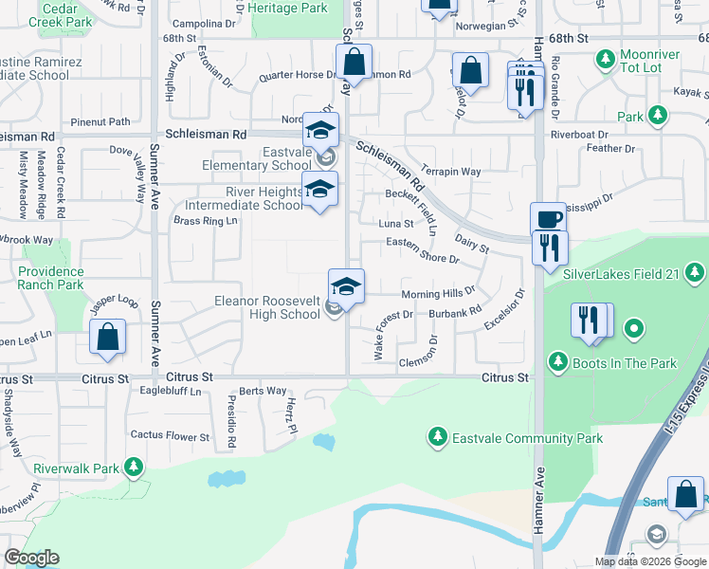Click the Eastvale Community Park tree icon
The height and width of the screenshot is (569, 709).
click(437, 437)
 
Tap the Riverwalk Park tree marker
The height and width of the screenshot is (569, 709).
click(134, 467)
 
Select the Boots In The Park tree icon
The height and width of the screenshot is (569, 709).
click(557, 362)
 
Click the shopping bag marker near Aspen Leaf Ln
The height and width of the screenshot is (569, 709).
click(109, 337)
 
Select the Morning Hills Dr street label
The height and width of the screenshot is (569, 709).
click(438, 293)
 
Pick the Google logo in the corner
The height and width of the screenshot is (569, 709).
click(31, 558)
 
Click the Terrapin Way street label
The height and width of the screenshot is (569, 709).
click(452, 172)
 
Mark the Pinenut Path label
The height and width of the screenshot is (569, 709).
click(100, 121)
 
